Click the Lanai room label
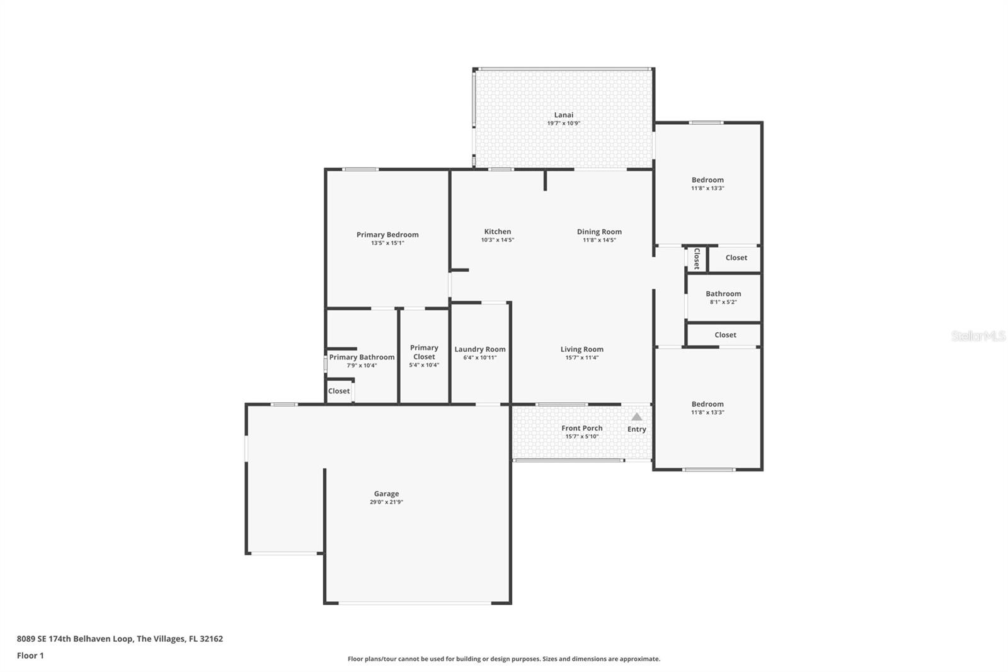[x=563, y=115]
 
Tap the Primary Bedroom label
[x=387, y=235]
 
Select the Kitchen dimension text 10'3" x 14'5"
[x=498, y=240]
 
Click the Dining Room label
[x=599, y=231]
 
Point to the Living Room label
[x=581, y=349]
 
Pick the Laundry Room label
[x=480, y=349]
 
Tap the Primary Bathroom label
[x=362, y=357]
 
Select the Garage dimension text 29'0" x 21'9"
[x=386, y=502]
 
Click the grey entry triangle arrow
[x=637, y=417]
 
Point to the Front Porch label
[x=581, y=428]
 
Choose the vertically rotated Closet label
[x=697, y=258]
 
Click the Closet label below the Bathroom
[x=725, y=335]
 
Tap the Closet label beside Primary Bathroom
[x=338, y=391]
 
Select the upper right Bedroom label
[x=707, y=180]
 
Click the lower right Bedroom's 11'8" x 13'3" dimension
[x=707, y=412]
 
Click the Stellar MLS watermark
[x=978, y=337]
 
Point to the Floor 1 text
[x=30, y=656]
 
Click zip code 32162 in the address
[x=211, y=639]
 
